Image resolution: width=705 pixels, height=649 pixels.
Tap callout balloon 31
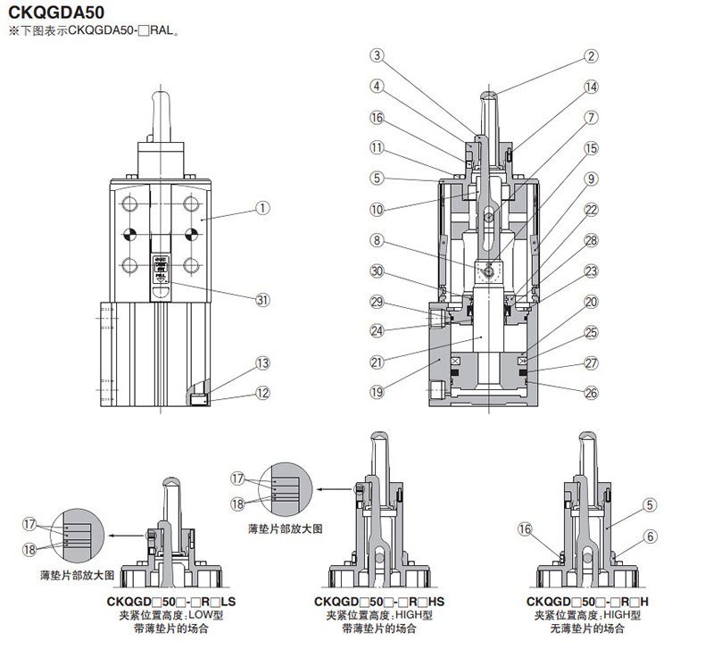click(262, 300)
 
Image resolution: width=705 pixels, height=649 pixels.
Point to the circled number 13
click(261, 363)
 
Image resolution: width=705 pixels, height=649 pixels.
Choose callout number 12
click(261, 392)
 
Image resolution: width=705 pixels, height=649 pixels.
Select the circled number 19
click(377, 390)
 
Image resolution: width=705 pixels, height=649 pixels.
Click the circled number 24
click(377, 330)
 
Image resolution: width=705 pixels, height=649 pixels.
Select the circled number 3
click(377, 55)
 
